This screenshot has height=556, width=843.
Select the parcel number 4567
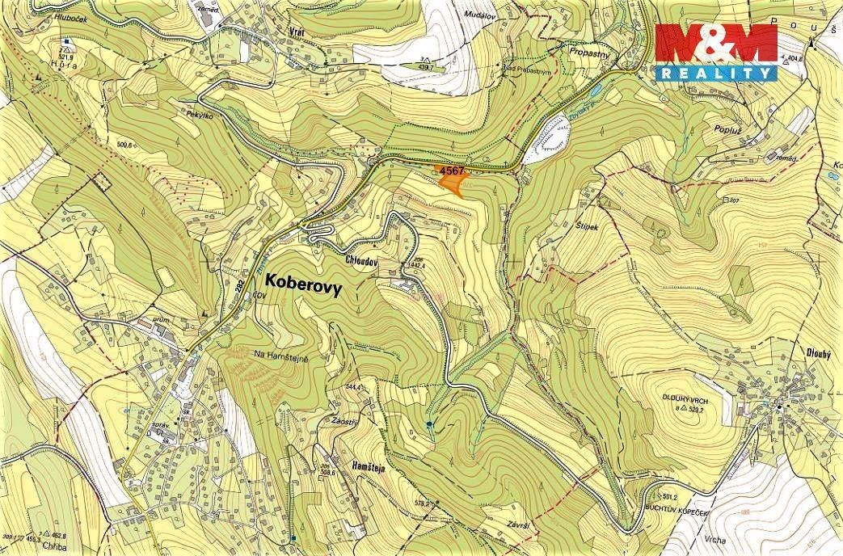click(450, 171)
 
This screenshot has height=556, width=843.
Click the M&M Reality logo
click(716, 52)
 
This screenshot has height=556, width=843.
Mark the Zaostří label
click(344, 421)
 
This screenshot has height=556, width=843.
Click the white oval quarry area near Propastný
click(552, 137)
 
